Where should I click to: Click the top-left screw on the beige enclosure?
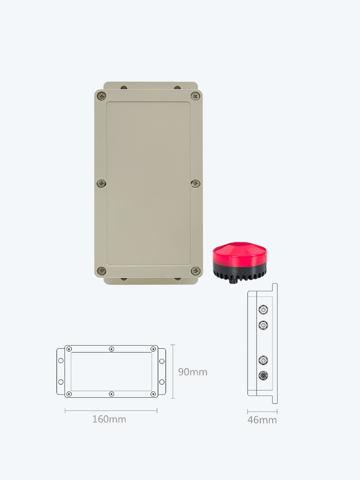pyautogui.click(x=102, y=96)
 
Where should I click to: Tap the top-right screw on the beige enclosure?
pyautogui.click(x=196, y=96)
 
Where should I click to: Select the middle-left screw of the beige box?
pyautogui.click(x=102, y=184)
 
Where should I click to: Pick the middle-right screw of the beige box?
pyautogui.click(x=196, y=184)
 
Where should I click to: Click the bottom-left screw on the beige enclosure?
pyautogui.click(x=102, y=271)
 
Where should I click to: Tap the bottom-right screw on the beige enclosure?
pyautogui.click(x=196, y=271)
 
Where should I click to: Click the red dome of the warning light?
pyautogui.click(x=240, y=253)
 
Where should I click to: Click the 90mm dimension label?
pyautogui.click(x=192, y=372)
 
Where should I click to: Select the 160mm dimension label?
pyautogui.click(x=109, y=419)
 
